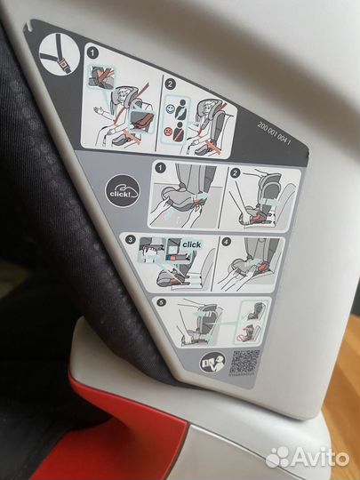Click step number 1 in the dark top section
tap(92, 53)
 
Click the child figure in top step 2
tap(209, 111)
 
